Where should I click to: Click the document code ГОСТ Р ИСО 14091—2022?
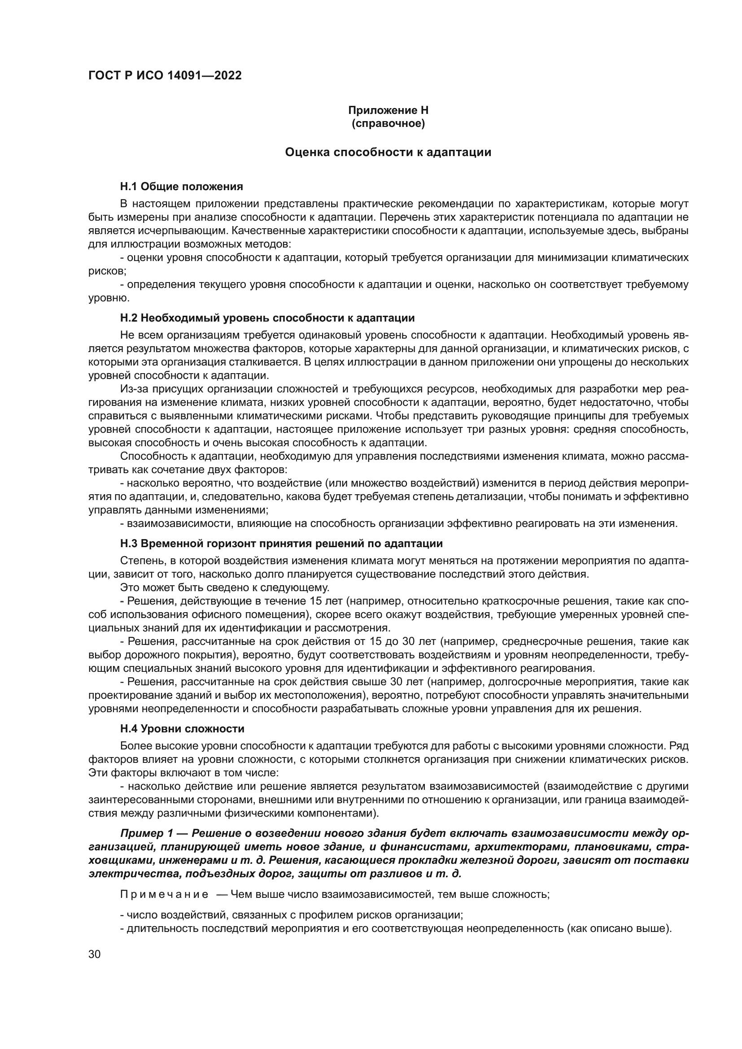point(165,75)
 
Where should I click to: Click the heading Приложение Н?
point(388,110)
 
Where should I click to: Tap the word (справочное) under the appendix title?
point(388,123)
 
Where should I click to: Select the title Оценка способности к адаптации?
point(388,152)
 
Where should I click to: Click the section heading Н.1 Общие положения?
point(181,187)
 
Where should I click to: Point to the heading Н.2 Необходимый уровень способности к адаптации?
point(267,318)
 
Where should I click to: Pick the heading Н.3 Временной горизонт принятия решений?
point(281,543)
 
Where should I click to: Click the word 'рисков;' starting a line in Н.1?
point(107,271)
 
